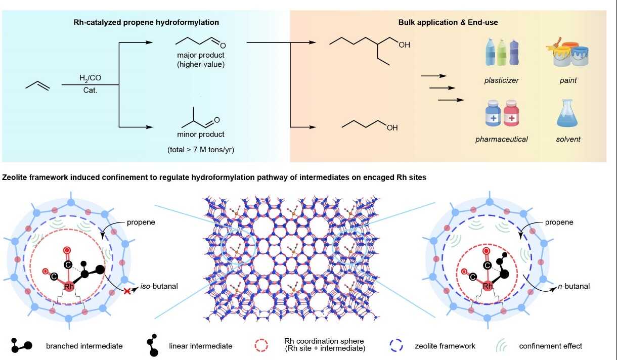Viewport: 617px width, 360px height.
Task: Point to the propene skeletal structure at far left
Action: (38, 86)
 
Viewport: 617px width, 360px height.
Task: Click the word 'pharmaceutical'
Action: (501, 139)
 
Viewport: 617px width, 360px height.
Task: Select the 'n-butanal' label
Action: (575, 286)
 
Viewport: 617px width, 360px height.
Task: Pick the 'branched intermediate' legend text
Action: (84, 346)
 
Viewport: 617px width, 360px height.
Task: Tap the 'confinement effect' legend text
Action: (550, 346)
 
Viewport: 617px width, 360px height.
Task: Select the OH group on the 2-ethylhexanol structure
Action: (404, 45)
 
